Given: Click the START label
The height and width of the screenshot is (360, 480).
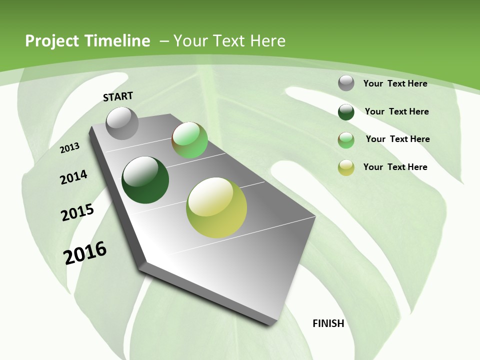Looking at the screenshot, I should [x=118, y=96].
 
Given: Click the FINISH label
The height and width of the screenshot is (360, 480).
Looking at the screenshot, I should [x=328, y=323].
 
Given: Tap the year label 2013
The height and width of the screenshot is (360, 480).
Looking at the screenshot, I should [x=69, y=148].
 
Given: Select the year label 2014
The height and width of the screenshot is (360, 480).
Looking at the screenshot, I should [x=73, y=177].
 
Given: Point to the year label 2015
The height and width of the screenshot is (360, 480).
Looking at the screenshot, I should [x=77, y=212].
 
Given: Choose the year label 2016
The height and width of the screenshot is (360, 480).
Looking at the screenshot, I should [x=85, y=252].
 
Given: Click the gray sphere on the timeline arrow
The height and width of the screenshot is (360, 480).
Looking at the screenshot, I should [x=122, y=123].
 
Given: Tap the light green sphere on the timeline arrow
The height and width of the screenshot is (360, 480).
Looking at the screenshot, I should [x=189, y=140].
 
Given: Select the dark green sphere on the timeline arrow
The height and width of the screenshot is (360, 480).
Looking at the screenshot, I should [x=145, y=180].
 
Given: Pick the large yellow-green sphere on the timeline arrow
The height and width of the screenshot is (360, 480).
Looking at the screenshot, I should [x=216, y=207].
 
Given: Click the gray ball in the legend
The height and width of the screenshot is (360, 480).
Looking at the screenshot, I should [x=346, y=83].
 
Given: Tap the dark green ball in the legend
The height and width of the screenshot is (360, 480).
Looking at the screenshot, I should [x=346, y=112].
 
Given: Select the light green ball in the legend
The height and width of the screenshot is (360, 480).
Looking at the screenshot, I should [x=346, y=140].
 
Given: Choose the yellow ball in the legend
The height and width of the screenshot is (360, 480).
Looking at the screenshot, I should [x=346, y=167].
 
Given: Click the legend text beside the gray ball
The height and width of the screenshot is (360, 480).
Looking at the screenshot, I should [x=395, y=83].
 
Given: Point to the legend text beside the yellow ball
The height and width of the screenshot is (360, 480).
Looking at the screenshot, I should [x=395, y=167].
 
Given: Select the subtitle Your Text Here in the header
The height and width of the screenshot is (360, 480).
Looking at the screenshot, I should [x=229, y=41].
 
